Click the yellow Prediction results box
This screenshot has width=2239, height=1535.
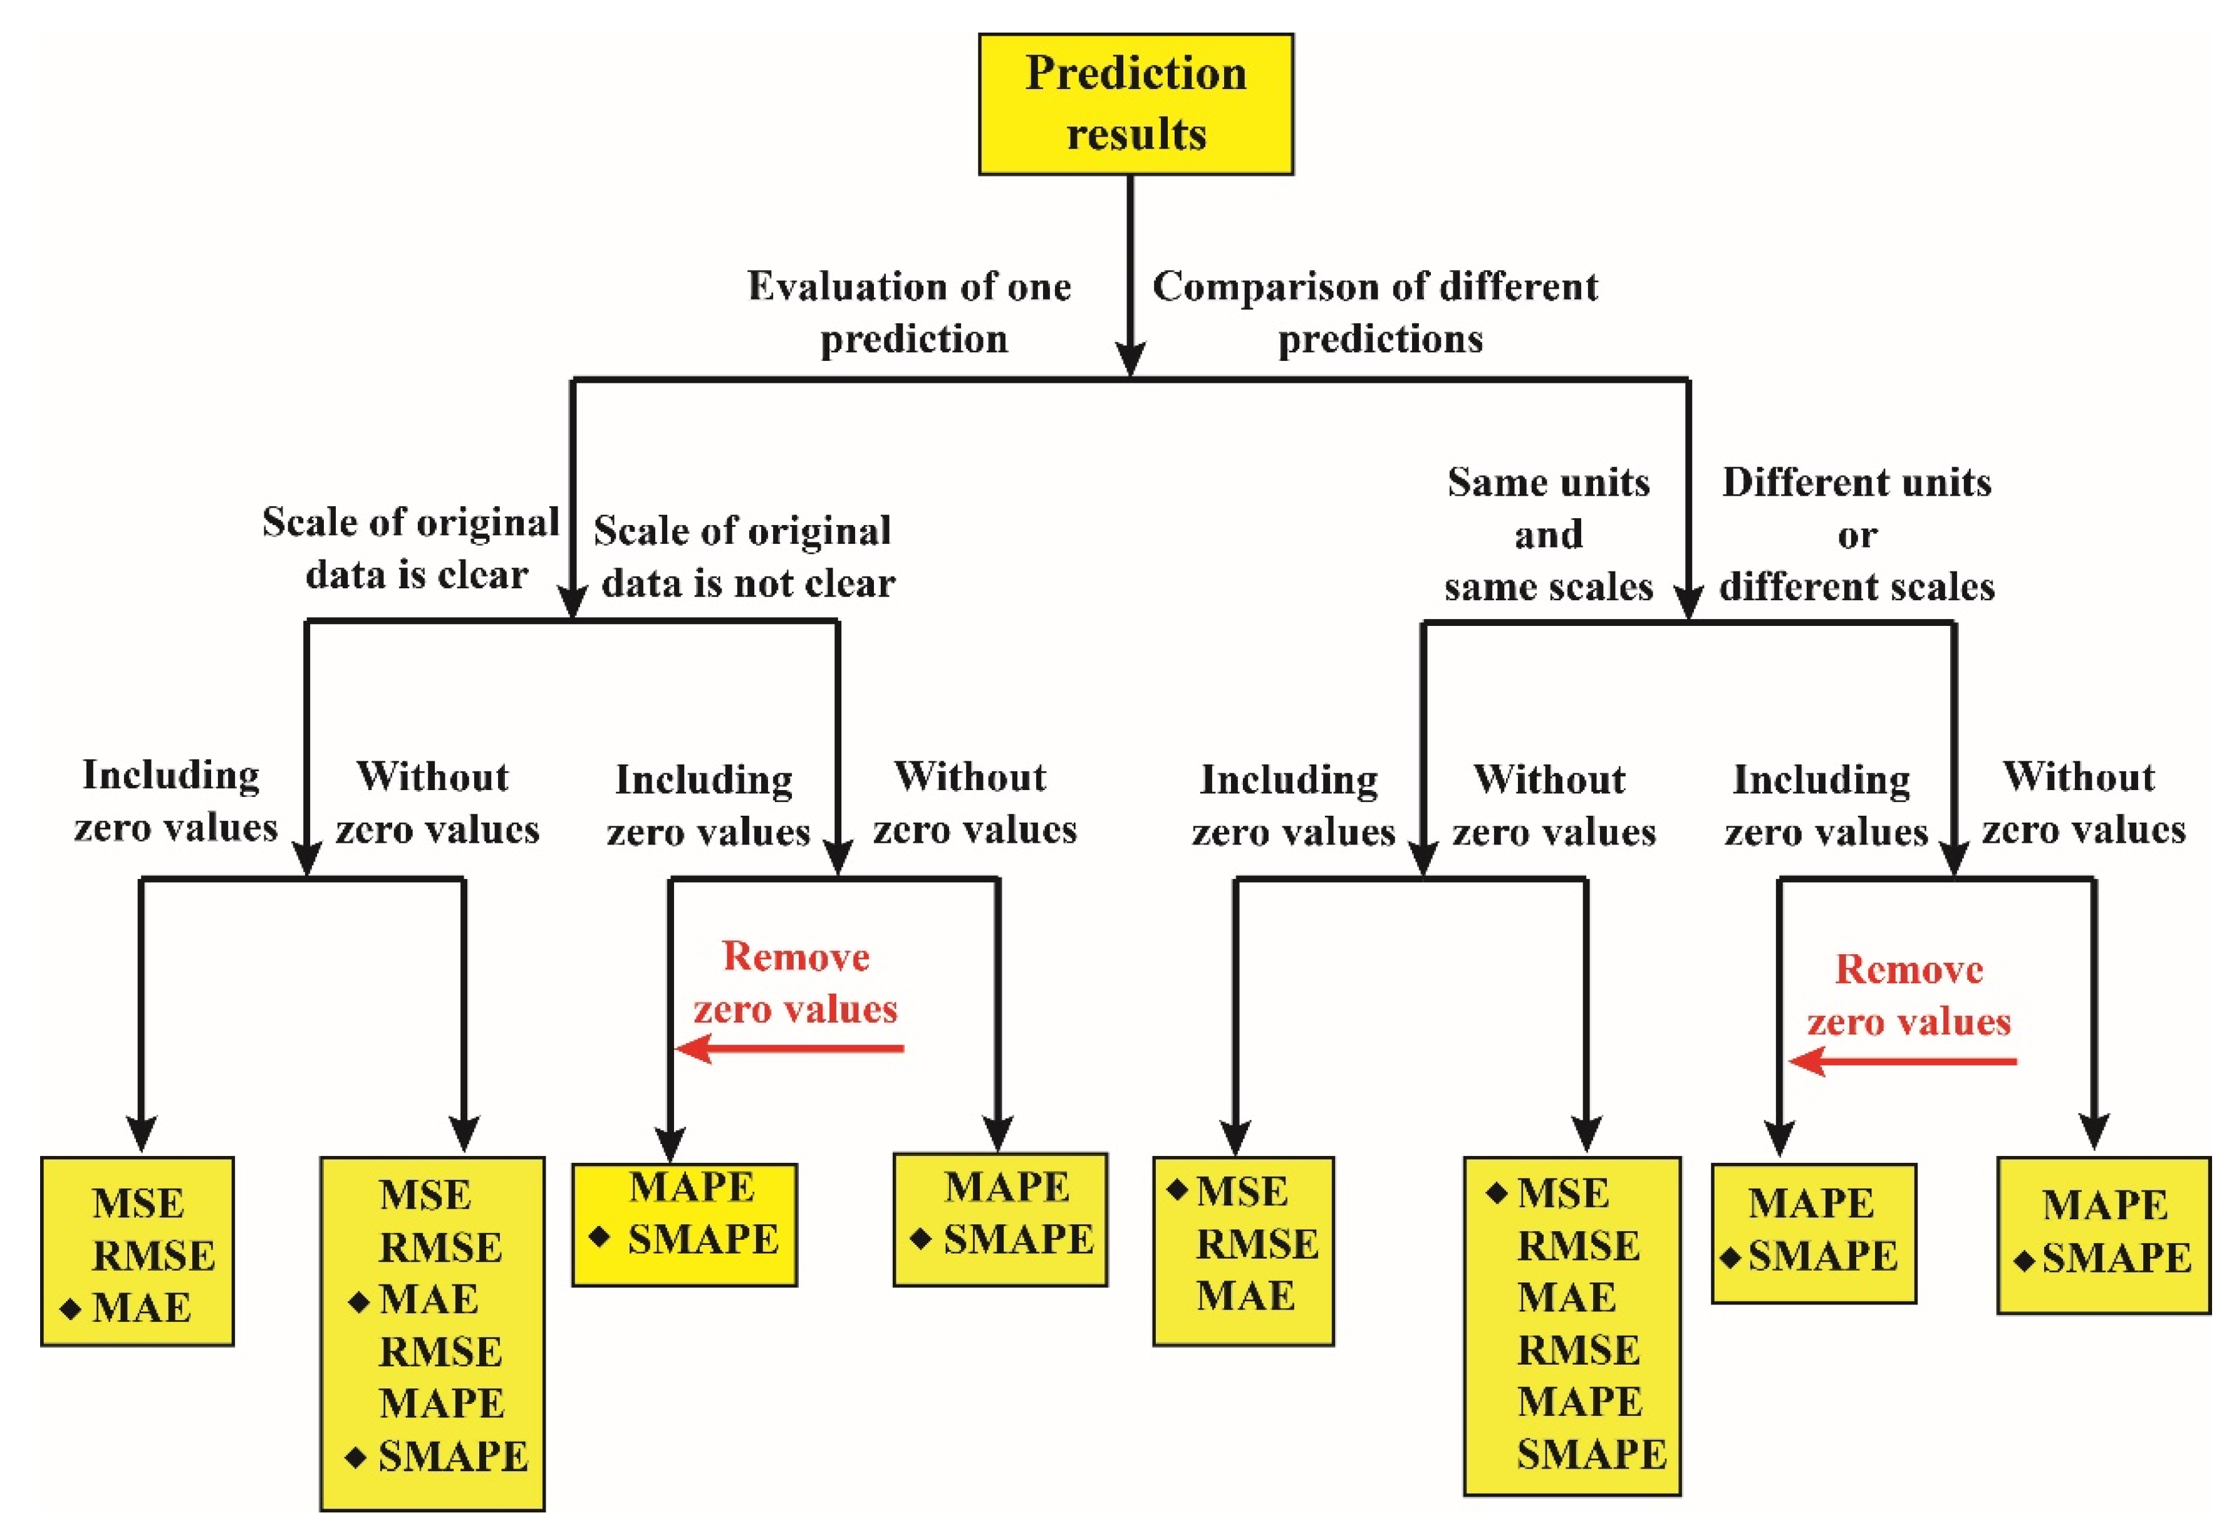tap(1135, 104)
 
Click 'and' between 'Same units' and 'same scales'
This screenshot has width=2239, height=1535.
tap(1548, 534)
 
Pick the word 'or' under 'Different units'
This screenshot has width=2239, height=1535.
tap(1856, 536)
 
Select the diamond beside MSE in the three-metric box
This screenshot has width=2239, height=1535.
tap(1177, 1190)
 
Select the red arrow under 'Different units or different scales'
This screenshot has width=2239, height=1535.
tap(1902, 1061)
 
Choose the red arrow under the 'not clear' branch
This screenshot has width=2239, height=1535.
tap(790, 1048)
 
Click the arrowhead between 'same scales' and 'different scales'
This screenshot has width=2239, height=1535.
tap(1687, 602)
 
